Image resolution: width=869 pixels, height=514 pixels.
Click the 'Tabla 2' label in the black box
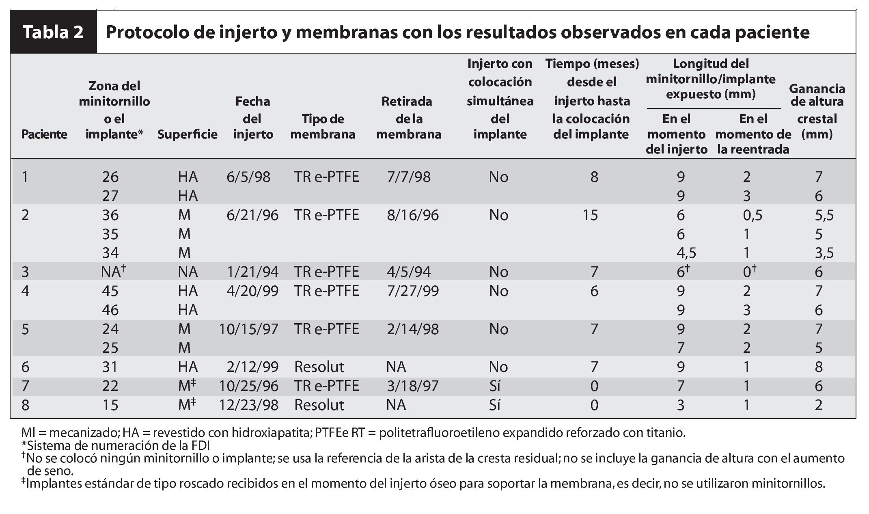[53, 32]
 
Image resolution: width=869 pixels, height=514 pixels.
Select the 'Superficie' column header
[187, 134]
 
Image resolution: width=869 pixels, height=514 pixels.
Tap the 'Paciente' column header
[44, 134]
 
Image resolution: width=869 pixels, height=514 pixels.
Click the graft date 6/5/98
[248, 177]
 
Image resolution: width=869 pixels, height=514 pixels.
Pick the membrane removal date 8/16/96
[413, 215]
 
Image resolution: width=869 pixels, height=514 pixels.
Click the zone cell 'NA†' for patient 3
[113, 272]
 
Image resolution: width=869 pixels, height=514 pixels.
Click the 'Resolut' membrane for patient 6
[319, 367]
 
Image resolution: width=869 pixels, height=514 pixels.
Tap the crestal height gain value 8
[818, 367]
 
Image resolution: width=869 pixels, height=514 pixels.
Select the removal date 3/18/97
[413, 386]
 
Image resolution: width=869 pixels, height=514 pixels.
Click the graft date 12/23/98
[249, 405]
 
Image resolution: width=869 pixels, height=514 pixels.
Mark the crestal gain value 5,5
[824, 215]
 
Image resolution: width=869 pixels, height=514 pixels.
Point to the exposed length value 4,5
[686, 253]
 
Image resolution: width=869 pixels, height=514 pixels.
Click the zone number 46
[110, 310]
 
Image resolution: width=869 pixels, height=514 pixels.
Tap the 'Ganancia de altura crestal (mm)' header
[817, 111]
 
